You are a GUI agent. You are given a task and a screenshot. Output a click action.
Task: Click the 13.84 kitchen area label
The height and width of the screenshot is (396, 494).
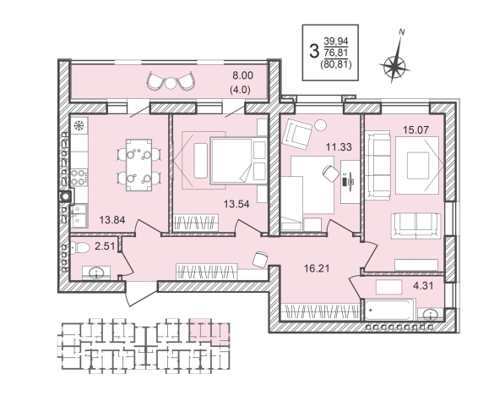[x=112, y=219]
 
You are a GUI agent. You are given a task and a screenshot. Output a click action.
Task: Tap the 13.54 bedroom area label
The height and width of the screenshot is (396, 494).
[x=236, y=204]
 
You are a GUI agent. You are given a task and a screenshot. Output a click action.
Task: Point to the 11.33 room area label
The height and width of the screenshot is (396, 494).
[x=339, y=147]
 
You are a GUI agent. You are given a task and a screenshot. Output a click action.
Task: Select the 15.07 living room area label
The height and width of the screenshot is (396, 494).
[x=416, y=129]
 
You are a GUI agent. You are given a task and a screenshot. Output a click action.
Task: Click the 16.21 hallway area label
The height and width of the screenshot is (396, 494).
[x=317, y=269]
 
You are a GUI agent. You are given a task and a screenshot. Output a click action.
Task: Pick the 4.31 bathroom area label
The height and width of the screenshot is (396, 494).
[x=423, y=286]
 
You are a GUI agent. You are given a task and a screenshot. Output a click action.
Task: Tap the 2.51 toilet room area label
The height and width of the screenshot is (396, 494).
[x=105, y=246]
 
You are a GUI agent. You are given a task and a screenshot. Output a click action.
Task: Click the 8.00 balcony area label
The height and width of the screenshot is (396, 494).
[x=242, y=75]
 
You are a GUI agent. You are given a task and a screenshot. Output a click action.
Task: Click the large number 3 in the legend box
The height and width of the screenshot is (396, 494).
[x=314, y=51]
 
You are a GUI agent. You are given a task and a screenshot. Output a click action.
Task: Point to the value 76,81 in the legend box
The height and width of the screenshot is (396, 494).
[x=336, y=52]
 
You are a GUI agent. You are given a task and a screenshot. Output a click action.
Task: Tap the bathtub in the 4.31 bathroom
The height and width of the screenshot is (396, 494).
[x=390, y=310]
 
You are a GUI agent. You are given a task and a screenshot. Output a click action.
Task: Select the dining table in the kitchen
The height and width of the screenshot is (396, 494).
[x=139, y=165]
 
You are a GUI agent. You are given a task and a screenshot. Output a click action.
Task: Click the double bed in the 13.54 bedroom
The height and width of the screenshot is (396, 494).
[x=238, y=161]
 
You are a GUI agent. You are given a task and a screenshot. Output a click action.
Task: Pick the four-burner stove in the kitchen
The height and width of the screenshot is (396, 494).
[x=79, y=177]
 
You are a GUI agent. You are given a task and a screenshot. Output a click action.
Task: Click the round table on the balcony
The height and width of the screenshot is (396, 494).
[x=170, y=83]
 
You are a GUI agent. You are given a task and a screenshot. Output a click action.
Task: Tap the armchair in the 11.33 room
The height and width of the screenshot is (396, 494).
[x=297, y=135]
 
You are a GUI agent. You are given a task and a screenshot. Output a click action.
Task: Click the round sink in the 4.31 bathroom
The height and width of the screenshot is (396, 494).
[x=430, y=315]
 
